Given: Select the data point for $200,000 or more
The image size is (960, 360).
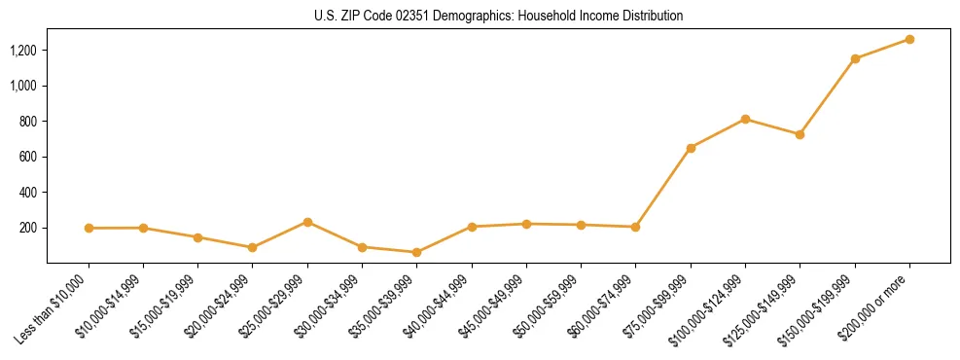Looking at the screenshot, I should pyautogui.click(x=909, y=39).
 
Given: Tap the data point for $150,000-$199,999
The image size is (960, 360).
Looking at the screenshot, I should pyautogui.click(x=855, y=58).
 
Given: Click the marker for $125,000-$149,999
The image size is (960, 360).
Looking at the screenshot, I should pyautogui.click(x=800, y=134).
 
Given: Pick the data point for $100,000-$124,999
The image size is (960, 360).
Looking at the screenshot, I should pyautogui.click(x=745, y=119).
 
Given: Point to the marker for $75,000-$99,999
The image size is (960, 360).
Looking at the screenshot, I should pyautogui.click(x=691, y=148).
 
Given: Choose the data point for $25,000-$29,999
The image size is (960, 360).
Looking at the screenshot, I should pyautogui.click(x=307, y=222).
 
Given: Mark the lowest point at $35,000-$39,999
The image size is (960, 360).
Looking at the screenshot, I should pyautogui.click(x=416, y=252).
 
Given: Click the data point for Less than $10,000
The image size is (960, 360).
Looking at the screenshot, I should pyautogui.click(x=89, y=228).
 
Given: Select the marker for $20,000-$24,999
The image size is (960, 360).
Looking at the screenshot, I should pyautogui.click(x=253, y=247).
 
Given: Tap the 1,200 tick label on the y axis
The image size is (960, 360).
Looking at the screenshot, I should pyautogui.click(x=23, y=50).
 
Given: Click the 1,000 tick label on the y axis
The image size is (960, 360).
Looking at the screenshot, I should pyautogui.click(x=23, y=86).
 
